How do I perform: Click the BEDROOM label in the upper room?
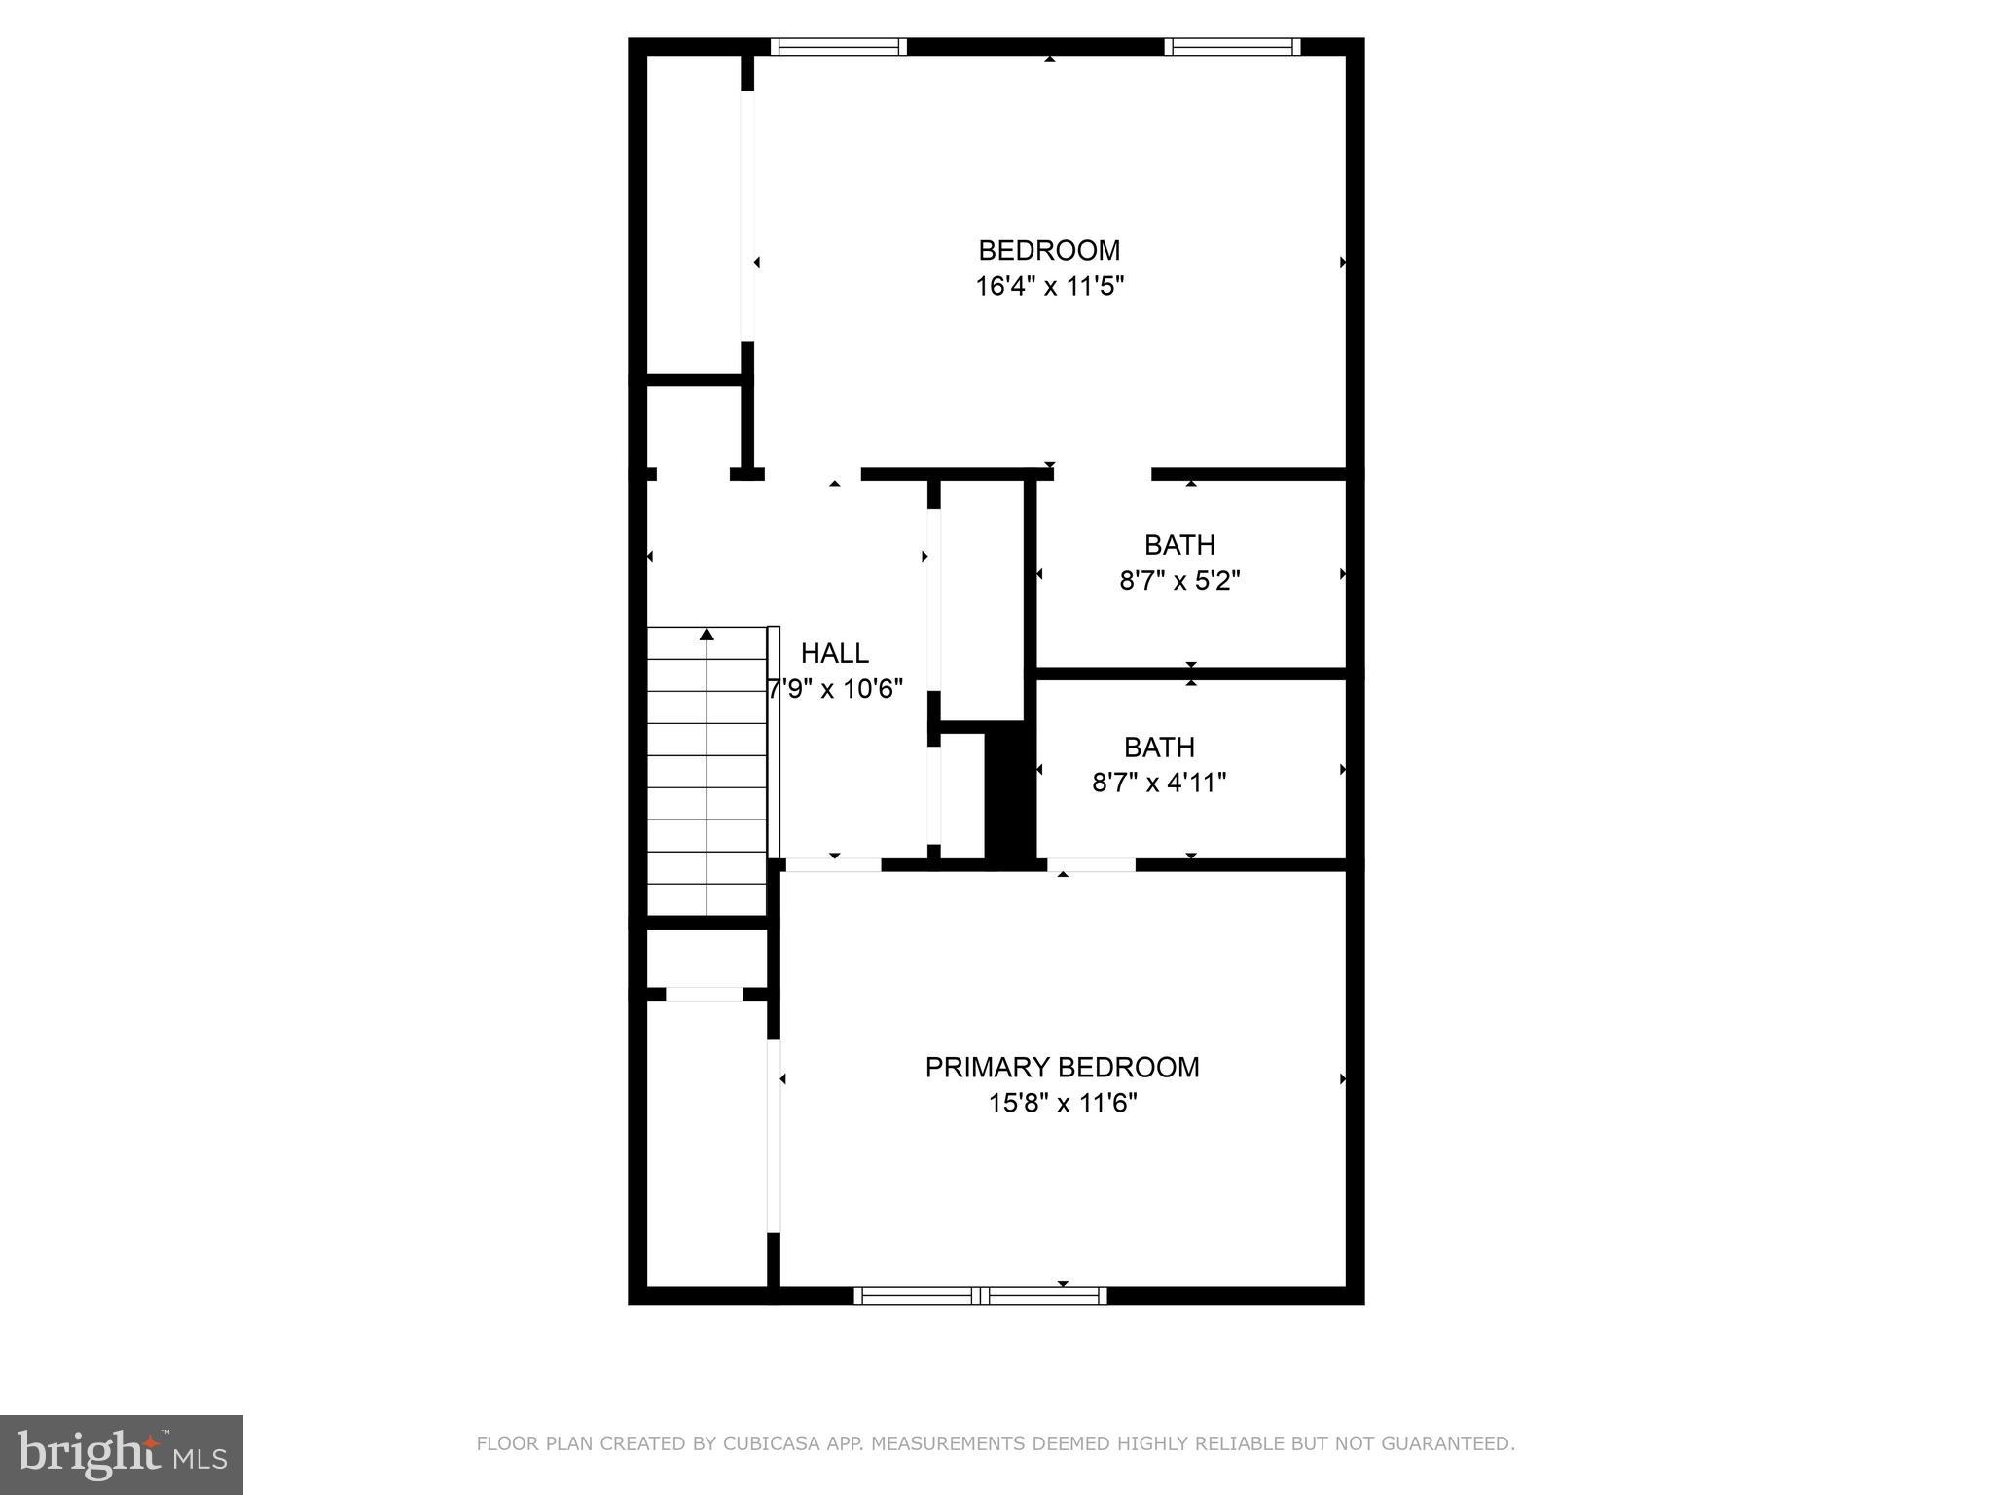1049,251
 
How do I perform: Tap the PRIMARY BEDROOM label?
1062,1068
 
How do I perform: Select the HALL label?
834,653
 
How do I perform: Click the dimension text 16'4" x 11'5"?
1050,287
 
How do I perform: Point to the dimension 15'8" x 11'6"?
1063,1104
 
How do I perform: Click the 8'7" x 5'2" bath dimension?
1179,581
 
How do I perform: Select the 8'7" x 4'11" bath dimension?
1159,783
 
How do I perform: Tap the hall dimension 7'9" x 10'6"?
836,689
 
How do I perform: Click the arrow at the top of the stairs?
707,636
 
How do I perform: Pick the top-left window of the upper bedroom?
839,47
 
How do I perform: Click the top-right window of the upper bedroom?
1232,47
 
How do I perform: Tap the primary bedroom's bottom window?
980,1295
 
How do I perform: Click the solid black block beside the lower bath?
1009,793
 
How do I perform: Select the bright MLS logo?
122,1455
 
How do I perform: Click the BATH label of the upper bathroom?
1179,545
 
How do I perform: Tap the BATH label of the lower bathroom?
1159,747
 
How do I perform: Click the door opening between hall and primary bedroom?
833,864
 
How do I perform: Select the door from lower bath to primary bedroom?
1091,864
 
